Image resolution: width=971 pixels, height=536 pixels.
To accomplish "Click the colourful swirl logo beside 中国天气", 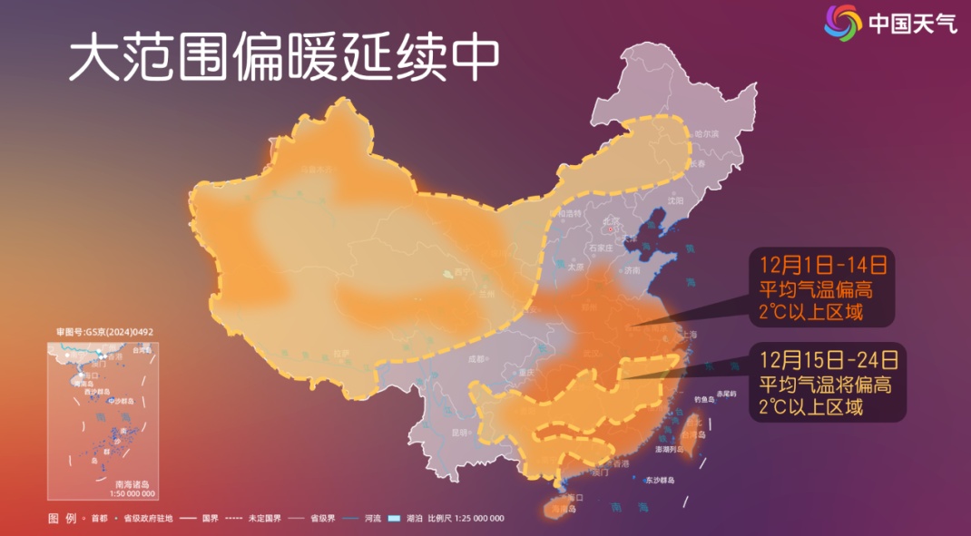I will [842, 22].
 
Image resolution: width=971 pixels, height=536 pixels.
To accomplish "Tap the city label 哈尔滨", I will [706, 133].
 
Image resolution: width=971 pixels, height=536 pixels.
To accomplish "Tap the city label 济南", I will [633, 270].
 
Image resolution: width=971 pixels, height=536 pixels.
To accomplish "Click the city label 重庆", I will [525, 373].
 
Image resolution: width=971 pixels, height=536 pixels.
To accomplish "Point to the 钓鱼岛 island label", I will [704, 399].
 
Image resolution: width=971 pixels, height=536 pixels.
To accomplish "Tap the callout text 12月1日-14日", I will [821, 265].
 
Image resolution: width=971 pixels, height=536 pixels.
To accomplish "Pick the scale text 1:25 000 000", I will [473, 518].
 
